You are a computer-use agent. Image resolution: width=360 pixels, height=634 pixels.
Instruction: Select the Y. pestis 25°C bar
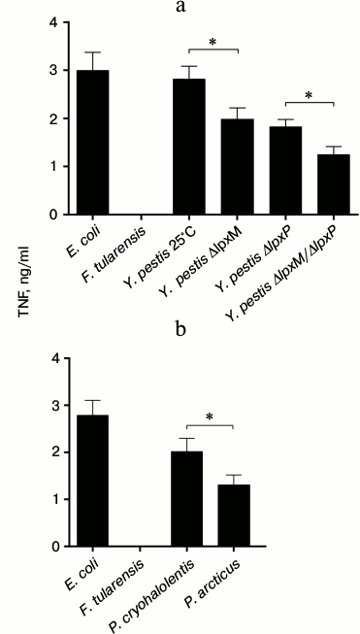pyautogui.click(x=189, y=146)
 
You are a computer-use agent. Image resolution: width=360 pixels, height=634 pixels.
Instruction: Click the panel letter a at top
pyautogui.click(x=180, y=8)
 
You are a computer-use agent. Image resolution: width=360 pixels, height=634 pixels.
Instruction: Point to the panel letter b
pyautogui.click(x=180, y=330)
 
